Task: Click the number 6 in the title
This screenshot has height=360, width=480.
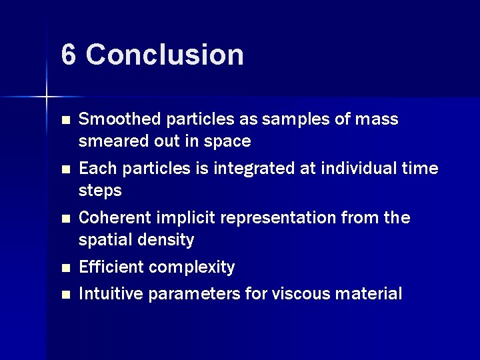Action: coord(69,55)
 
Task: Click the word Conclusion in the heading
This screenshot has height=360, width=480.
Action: coord(165,55)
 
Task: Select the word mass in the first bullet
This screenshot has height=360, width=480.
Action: coord(377,119)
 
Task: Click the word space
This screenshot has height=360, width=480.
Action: coord(230,141)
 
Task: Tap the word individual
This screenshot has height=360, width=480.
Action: coord(361,169)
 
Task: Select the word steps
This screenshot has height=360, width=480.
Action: coord(100,191)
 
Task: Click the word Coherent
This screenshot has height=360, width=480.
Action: coord(113,218)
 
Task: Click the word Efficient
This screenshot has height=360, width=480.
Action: coord(111,267)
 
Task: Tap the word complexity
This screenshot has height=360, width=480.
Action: coord(192,267)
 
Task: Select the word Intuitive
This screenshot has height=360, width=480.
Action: coord(111,293)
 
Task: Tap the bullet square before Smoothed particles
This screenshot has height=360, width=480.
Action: coord(65,121)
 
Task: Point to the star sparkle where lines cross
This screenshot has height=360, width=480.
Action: coord(47,97)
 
